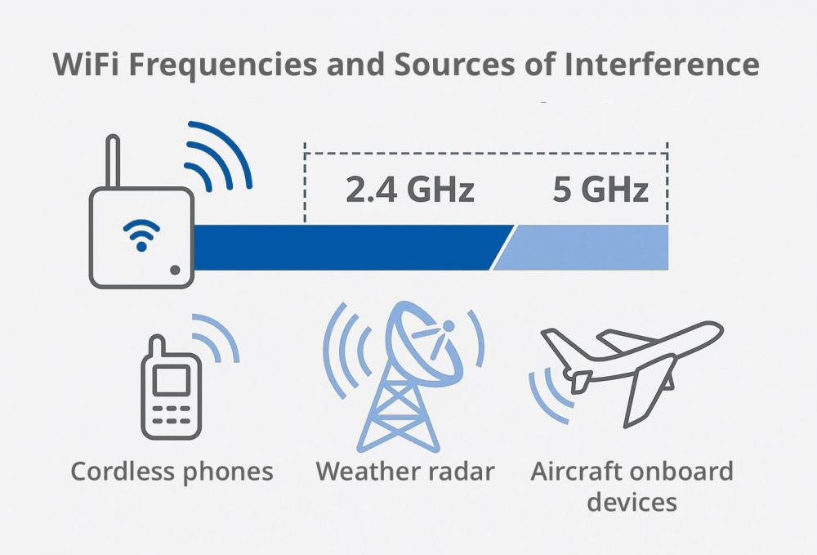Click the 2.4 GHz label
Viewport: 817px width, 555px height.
point(410,189)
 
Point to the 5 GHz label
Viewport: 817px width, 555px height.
point(600,189)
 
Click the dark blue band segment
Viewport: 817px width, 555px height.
point(349,248)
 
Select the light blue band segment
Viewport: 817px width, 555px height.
point(581,248)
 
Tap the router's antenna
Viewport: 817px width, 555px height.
point(113,162)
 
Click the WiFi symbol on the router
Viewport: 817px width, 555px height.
point(141,235)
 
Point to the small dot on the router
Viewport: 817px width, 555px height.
point(175,270)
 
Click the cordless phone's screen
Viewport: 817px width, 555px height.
point(171,380)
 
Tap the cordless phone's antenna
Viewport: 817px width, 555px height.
point(156,346)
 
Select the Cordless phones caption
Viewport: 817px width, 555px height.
point(172,472)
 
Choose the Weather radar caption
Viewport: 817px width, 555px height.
point(405,471)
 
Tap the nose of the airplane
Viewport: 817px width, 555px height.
point(719,329)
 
